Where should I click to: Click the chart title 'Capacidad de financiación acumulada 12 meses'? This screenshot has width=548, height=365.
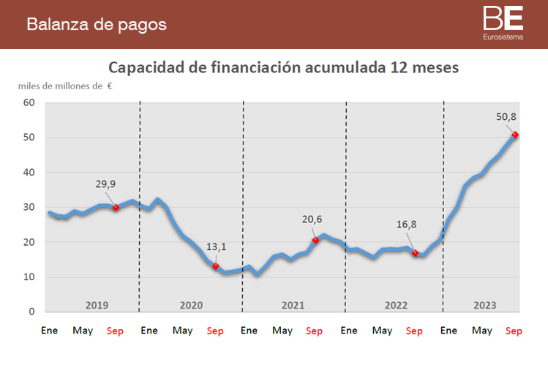click(x=283, y=67)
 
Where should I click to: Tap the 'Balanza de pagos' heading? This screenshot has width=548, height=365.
click(x=97, y=24)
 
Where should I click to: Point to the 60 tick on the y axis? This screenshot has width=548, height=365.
click(x=29, y=102)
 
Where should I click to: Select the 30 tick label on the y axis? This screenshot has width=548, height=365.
click(x=29, y=207)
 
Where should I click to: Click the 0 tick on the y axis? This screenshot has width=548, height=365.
click(x=32, y=312)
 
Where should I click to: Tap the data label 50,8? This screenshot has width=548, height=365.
click(x=506, y=116)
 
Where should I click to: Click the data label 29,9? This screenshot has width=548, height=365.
click(x=105, y=184)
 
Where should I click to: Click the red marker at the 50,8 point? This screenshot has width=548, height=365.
click(x=515, y=135)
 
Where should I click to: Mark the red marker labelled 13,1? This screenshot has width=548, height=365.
click(x=216, y=266)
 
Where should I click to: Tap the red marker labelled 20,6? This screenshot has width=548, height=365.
click(x=315, y=240)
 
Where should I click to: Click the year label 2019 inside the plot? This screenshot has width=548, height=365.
click(x=97, y=304)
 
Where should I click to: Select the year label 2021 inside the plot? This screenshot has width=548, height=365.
click(x=293, y=304)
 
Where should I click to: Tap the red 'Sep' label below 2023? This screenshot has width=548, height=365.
click(x=514, y=331)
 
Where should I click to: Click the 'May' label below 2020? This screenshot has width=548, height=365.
click(x=182, y=331)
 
